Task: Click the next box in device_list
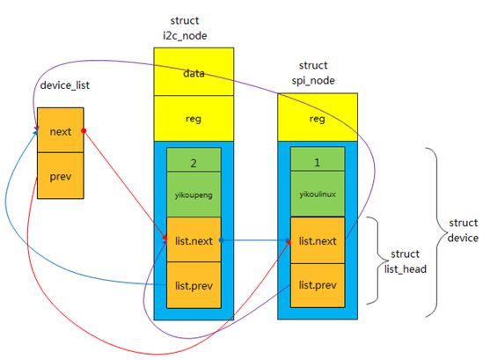(61, 130)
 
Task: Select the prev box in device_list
(61, 176)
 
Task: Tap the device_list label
(65, 85)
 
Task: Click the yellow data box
(194, 71)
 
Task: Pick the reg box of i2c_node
(194, 119)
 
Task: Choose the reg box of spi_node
(318, 117)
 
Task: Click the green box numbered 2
(194, 159)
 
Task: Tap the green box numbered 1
(318, 159)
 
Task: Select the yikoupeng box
(194, 195)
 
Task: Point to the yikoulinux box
(318, 194)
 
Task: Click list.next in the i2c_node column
(194, 239)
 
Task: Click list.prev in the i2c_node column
(194, 285)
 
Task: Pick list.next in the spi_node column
(318, 240)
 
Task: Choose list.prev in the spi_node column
(318, 285)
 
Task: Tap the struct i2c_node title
(185, 28)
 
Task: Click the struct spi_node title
(313, 73)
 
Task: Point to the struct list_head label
(406, 261)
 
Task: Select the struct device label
(463, 231)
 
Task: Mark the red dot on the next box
(84, 130)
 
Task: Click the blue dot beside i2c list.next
(222, 240)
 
